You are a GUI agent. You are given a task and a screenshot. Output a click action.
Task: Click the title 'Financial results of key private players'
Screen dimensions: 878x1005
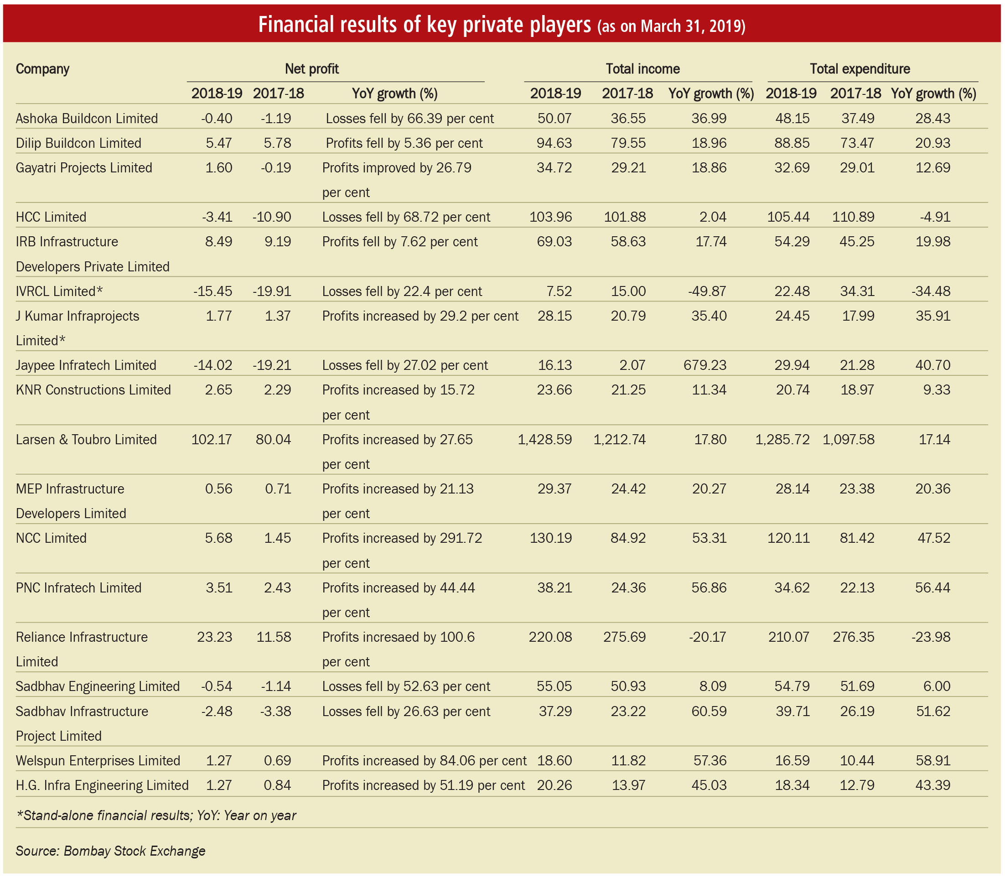coord(424,25)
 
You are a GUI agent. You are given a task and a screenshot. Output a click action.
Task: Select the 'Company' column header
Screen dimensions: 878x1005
coord(42,68)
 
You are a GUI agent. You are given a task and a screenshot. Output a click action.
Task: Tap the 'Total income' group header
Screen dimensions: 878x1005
coord(642,68)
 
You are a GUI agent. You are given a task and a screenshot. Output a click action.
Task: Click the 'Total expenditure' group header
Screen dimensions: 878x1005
coord(860,68)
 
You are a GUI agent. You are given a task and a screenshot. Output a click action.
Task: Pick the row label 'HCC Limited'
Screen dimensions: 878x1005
coord(51,217)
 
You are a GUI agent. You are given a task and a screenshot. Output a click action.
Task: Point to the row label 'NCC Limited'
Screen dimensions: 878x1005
coord(51,538)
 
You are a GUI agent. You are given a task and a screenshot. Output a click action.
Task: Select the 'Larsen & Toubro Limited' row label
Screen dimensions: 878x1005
coord(86,440)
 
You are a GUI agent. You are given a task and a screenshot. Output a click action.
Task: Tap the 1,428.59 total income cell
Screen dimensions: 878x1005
coord(544,440)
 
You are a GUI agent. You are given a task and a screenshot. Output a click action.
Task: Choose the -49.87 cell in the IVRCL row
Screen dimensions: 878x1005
coord(707,291)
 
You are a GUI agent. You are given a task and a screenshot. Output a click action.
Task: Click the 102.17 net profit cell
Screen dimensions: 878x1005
coord(212,440)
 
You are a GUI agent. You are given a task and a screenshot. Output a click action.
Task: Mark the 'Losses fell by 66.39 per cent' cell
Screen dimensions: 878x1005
coord(409,119)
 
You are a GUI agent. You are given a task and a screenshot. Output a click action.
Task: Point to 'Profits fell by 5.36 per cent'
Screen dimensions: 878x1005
coord(404,143)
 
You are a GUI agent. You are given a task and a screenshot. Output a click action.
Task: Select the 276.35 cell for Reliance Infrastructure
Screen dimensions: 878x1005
coord(853,637)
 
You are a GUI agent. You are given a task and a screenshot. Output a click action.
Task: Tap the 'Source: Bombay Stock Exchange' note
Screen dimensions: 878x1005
coord(110,851)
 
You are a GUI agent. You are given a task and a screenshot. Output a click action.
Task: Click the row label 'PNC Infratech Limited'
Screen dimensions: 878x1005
coord(78,587)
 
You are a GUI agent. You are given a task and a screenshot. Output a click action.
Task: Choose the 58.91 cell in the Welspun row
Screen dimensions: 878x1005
coord(932,760)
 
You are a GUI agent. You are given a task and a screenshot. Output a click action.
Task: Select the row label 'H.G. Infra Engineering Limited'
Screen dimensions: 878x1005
coord(102,785)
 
